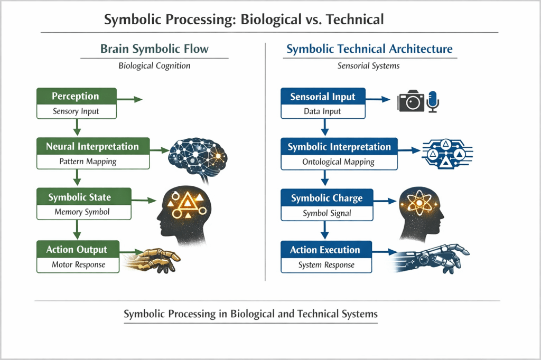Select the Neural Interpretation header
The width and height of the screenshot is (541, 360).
[92, 147]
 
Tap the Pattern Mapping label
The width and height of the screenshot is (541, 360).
[92, 162]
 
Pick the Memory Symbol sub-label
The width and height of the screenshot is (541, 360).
[83, 212]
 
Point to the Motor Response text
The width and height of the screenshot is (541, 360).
[79, 264]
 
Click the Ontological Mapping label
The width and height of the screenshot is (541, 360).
[339, 162]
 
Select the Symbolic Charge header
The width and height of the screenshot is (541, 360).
[327, 199]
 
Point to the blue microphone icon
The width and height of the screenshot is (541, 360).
[434, 100]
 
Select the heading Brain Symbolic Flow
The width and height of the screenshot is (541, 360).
[154, 49]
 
